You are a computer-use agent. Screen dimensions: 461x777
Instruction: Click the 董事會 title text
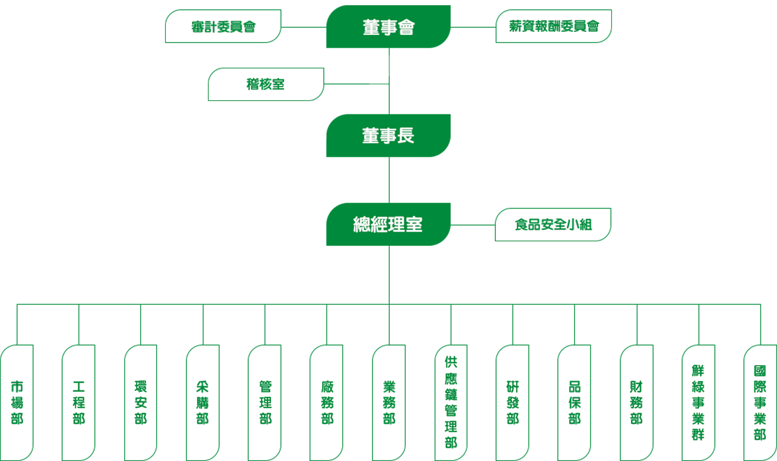pos(388,27)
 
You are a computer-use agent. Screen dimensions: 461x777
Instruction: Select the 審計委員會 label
pos(223,27)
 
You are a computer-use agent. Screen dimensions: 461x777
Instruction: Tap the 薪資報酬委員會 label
pos(553,26)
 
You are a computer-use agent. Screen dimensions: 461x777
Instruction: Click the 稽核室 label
pos(265,84)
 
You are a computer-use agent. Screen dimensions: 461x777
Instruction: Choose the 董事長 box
pos(388,135)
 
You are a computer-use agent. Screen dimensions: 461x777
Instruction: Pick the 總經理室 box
pos(388,224)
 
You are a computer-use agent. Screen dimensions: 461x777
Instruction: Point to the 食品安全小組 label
pos(553,225)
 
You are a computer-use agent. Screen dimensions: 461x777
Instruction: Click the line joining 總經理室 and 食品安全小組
pos(472,225)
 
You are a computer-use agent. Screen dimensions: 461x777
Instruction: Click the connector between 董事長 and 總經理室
pos(389,180)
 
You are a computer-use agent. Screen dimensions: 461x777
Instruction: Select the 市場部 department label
pos(16,403)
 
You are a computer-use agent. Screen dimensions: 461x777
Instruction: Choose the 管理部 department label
pos(265,402)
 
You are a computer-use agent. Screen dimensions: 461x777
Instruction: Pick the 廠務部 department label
pos(327,402)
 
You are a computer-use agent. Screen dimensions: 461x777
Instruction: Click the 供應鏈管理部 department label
pos(450,402)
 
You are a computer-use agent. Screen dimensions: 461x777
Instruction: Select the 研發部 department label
pos(512,403)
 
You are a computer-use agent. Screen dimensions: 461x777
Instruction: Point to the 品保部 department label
pos(574,402)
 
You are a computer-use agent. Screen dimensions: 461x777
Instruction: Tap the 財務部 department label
pos(636,402)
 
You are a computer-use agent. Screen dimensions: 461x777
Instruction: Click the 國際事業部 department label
pos(760,403)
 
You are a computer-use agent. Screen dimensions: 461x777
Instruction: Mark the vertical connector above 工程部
pos(78,324)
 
